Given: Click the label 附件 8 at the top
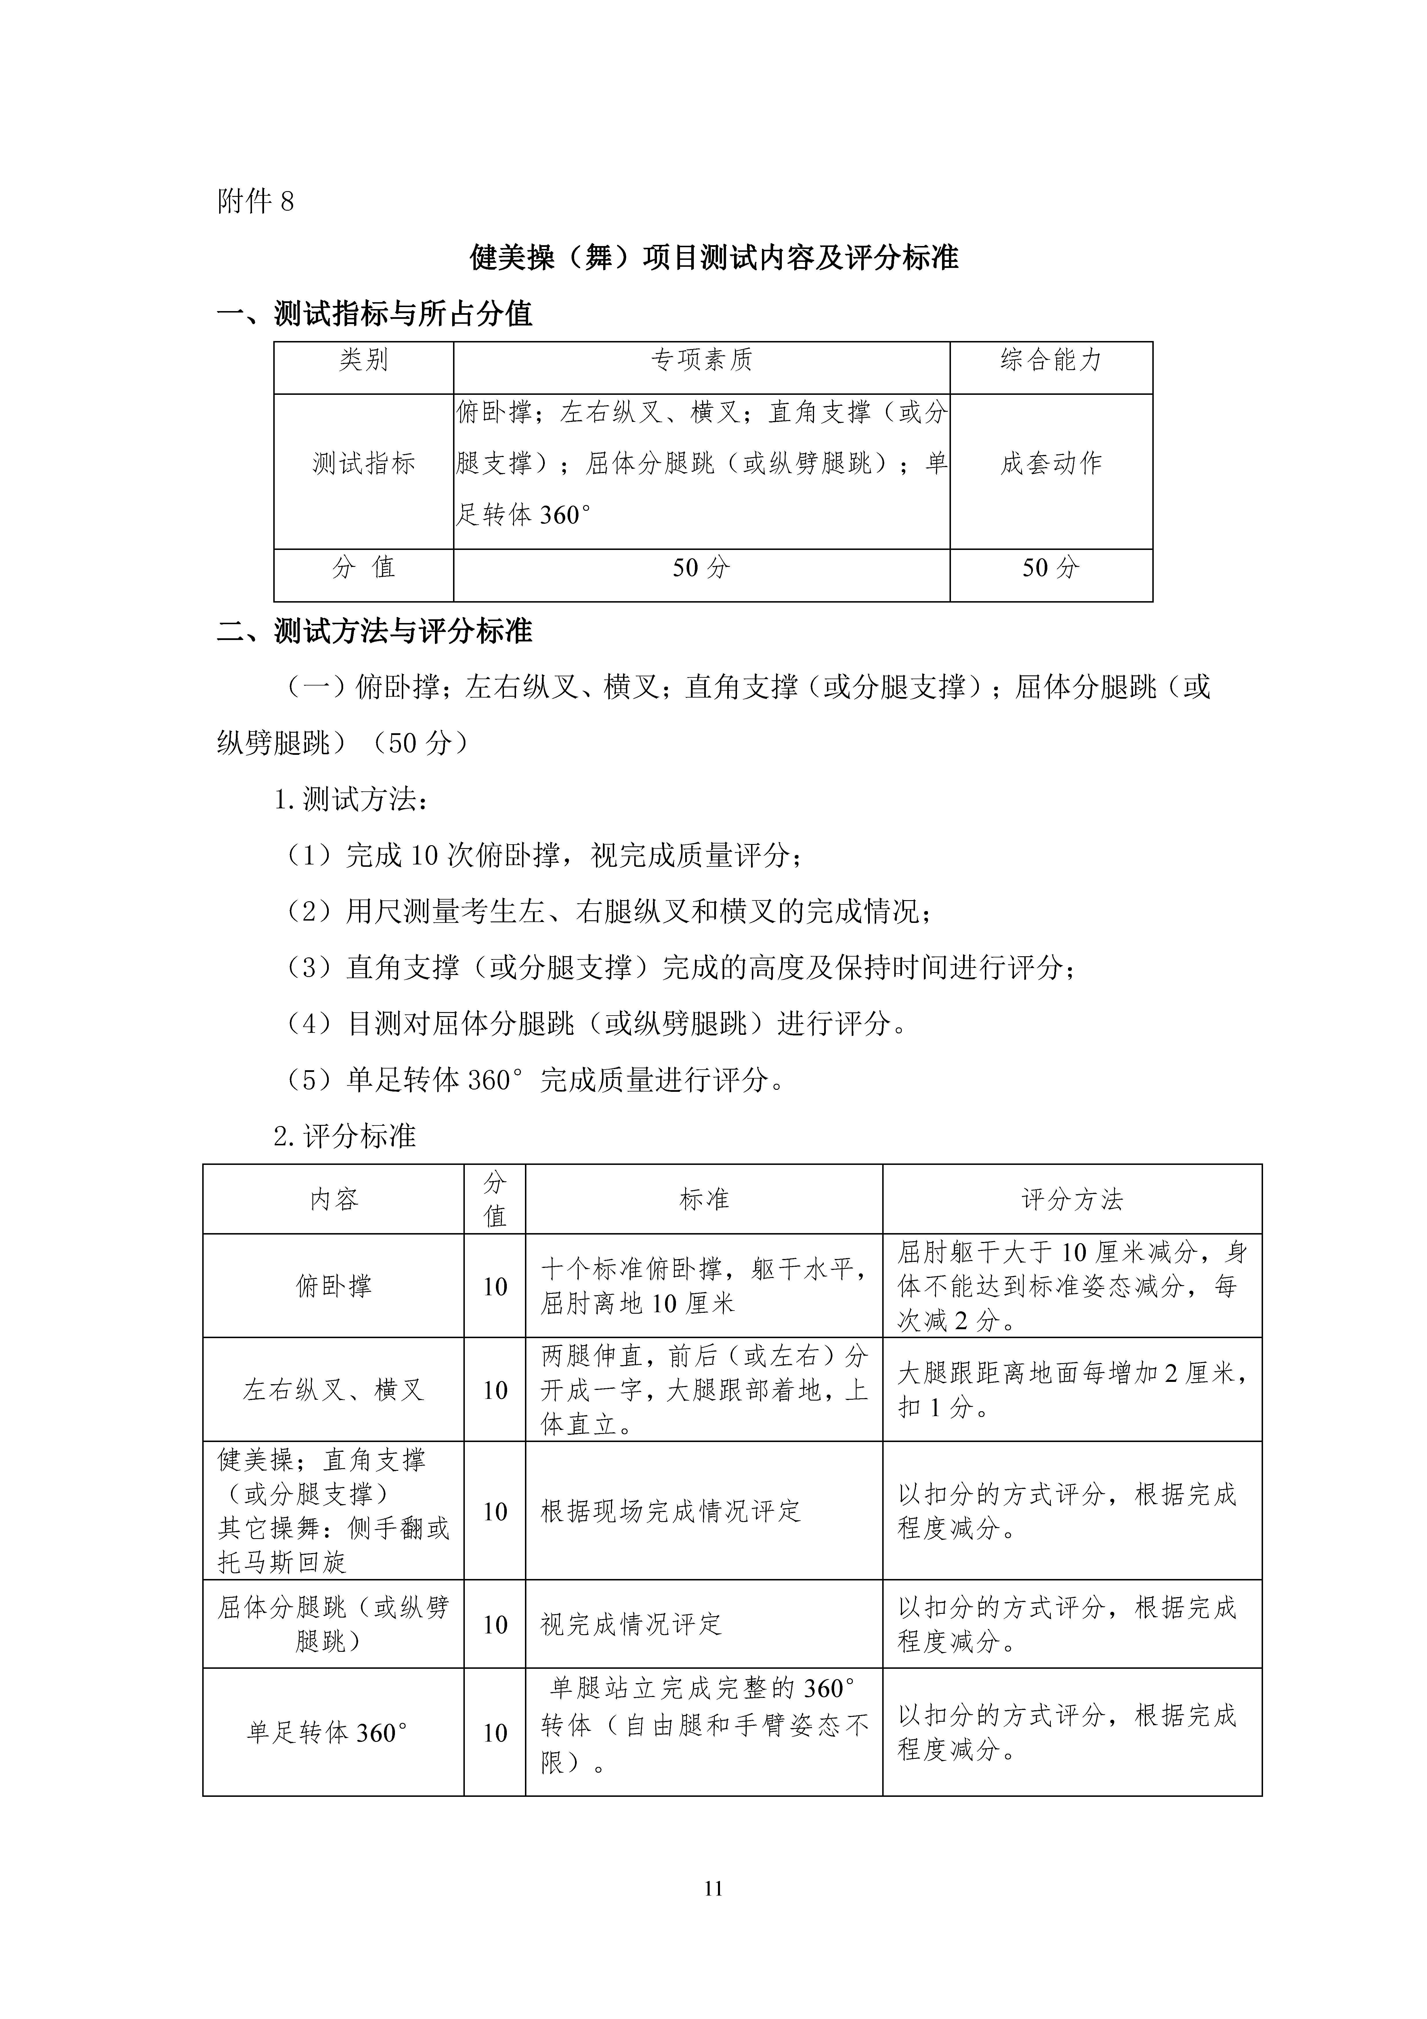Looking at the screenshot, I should click(255, 202).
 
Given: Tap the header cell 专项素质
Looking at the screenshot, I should click(701, 360).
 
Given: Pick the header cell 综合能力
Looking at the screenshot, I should click(1051, 360).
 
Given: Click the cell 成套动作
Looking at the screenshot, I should click(1051, 463).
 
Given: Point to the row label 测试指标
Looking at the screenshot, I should click(363, 463).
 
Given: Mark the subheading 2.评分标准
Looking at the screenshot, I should click(345, 1136).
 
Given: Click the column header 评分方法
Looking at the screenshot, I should click(1072, 1199).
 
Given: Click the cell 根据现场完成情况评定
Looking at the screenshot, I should click(671, 1511).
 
